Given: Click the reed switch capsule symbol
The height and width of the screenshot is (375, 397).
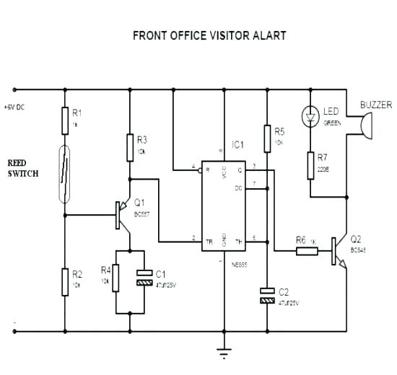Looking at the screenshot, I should (64, 174).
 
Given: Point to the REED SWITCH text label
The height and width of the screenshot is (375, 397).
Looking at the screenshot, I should (24, 169).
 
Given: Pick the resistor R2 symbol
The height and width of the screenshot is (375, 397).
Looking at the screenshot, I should (64, 278).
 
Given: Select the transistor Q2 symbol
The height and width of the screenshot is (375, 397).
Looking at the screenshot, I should (338, 252).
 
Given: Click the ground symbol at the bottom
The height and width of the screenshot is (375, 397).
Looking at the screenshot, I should (224, 353).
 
